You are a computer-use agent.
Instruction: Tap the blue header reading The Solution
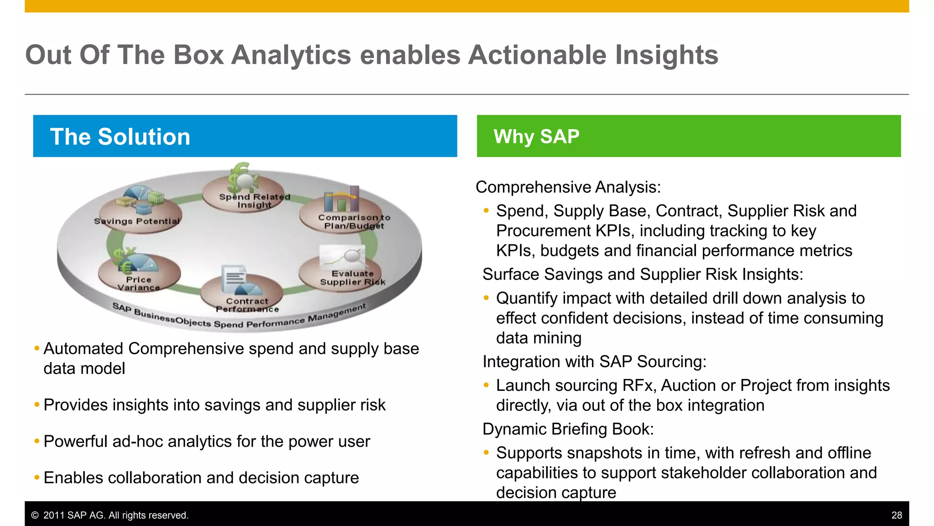245,136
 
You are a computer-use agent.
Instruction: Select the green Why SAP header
689,136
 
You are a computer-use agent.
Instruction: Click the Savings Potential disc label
137,221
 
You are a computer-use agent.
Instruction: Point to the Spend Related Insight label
254,201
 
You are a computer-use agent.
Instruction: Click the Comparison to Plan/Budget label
354,221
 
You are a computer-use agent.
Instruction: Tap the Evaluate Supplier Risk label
352,278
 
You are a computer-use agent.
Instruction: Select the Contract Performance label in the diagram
247,305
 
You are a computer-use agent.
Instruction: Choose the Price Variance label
139,284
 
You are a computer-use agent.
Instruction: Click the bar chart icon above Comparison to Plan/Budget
341,199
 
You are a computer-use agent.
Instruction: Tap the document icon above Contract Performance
233,279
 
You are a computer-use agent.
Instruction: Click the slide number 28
897,515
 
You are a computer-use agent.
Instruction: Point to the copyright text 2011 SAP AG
109,515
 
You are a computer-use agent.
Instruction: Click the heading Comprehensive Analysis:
568,187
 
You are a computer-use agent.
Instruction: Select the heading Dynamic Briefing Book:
568,429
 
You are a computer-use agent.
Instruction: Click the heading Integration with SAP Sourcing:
594,362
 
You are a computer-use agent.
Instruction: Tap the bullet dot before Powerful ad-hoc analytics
37,442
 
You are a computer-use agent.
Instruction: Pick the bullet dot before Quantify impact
486,298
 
